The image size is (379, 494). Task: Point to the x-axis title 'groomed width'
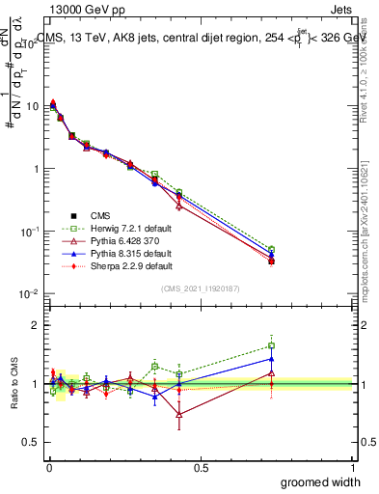[x=315, y=481]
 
